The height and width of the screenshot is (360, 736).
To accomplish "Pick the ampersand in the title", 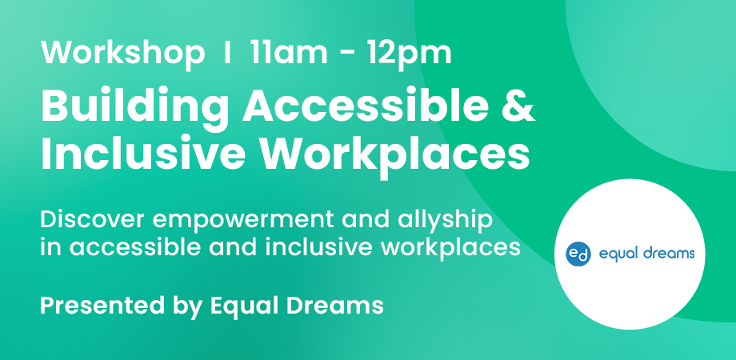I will coord(518,107).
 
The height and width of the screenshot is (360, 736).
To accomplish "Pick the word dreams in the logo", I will coord(667,254).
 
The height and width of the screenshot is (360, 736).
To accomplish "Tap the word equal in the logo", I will coord(615,255).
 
